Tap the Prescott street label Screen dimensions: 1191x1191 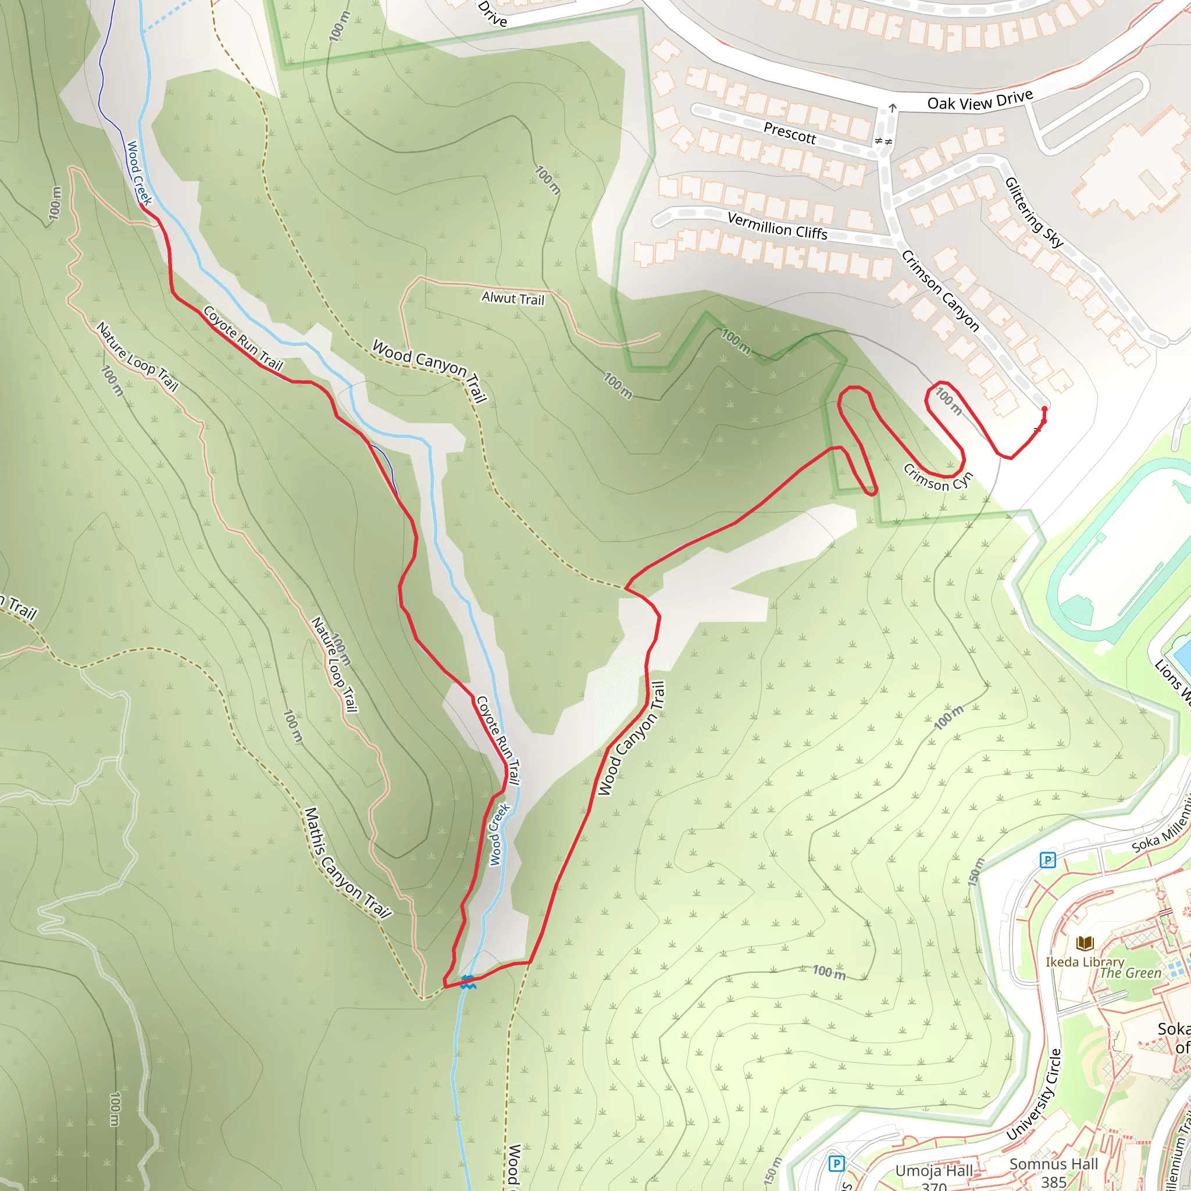(789, 133)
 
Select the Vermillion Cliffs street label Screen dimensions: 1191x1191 (777, 225)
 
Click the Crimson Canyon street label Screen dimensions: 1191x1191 (940, 290)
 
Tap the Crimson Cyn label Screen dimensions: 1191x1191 (937, 478)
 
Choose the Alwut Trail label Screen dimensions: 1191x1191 (513, 298)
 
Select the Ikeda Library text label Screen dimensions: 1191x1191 (1085, 962)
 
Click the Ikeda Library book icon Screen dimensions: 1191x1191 (1085, 943)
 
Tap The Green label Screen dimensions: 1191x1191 (1131, 973)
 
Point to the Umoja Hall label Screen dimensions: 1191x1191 (934, 1171)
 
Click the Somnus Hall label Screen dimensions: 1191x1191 (1054, 1164)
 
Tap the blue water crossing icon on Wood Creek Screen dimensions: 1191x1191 (468, 982)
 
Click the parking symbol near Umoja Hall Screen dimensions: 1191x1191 (836, 1163)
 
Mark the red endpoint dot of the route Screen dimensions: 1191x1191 (1044, 409)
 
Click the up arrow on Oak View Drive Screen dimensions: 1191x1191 (892, 109)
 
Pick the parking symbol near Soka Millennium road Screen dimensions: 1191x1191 (1048, 860)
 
